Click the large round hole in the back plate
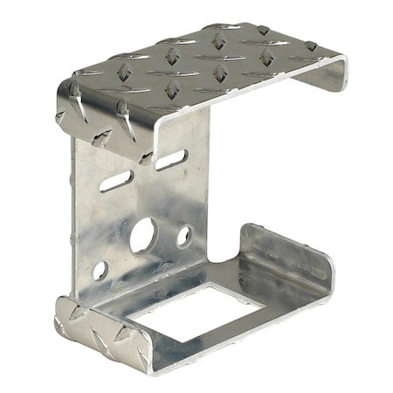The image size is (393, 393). click(x=144, y=235)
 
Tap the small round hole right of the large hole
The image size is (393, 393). click(x=183, y=235)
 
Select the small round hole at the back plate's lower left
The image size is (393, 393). click(x=100, y=270)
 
